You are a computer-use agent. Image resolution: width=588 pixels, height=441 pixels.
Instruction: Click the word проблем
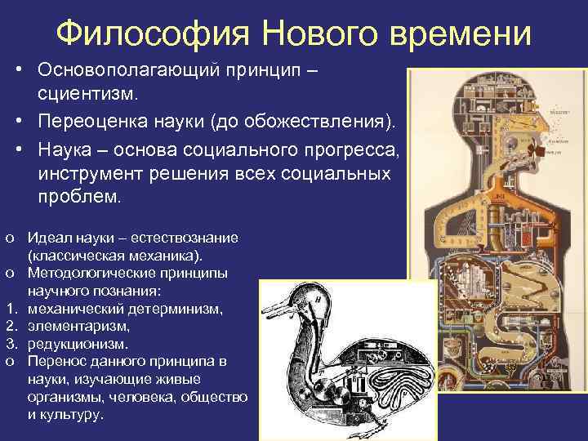[x=78, y=197]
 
